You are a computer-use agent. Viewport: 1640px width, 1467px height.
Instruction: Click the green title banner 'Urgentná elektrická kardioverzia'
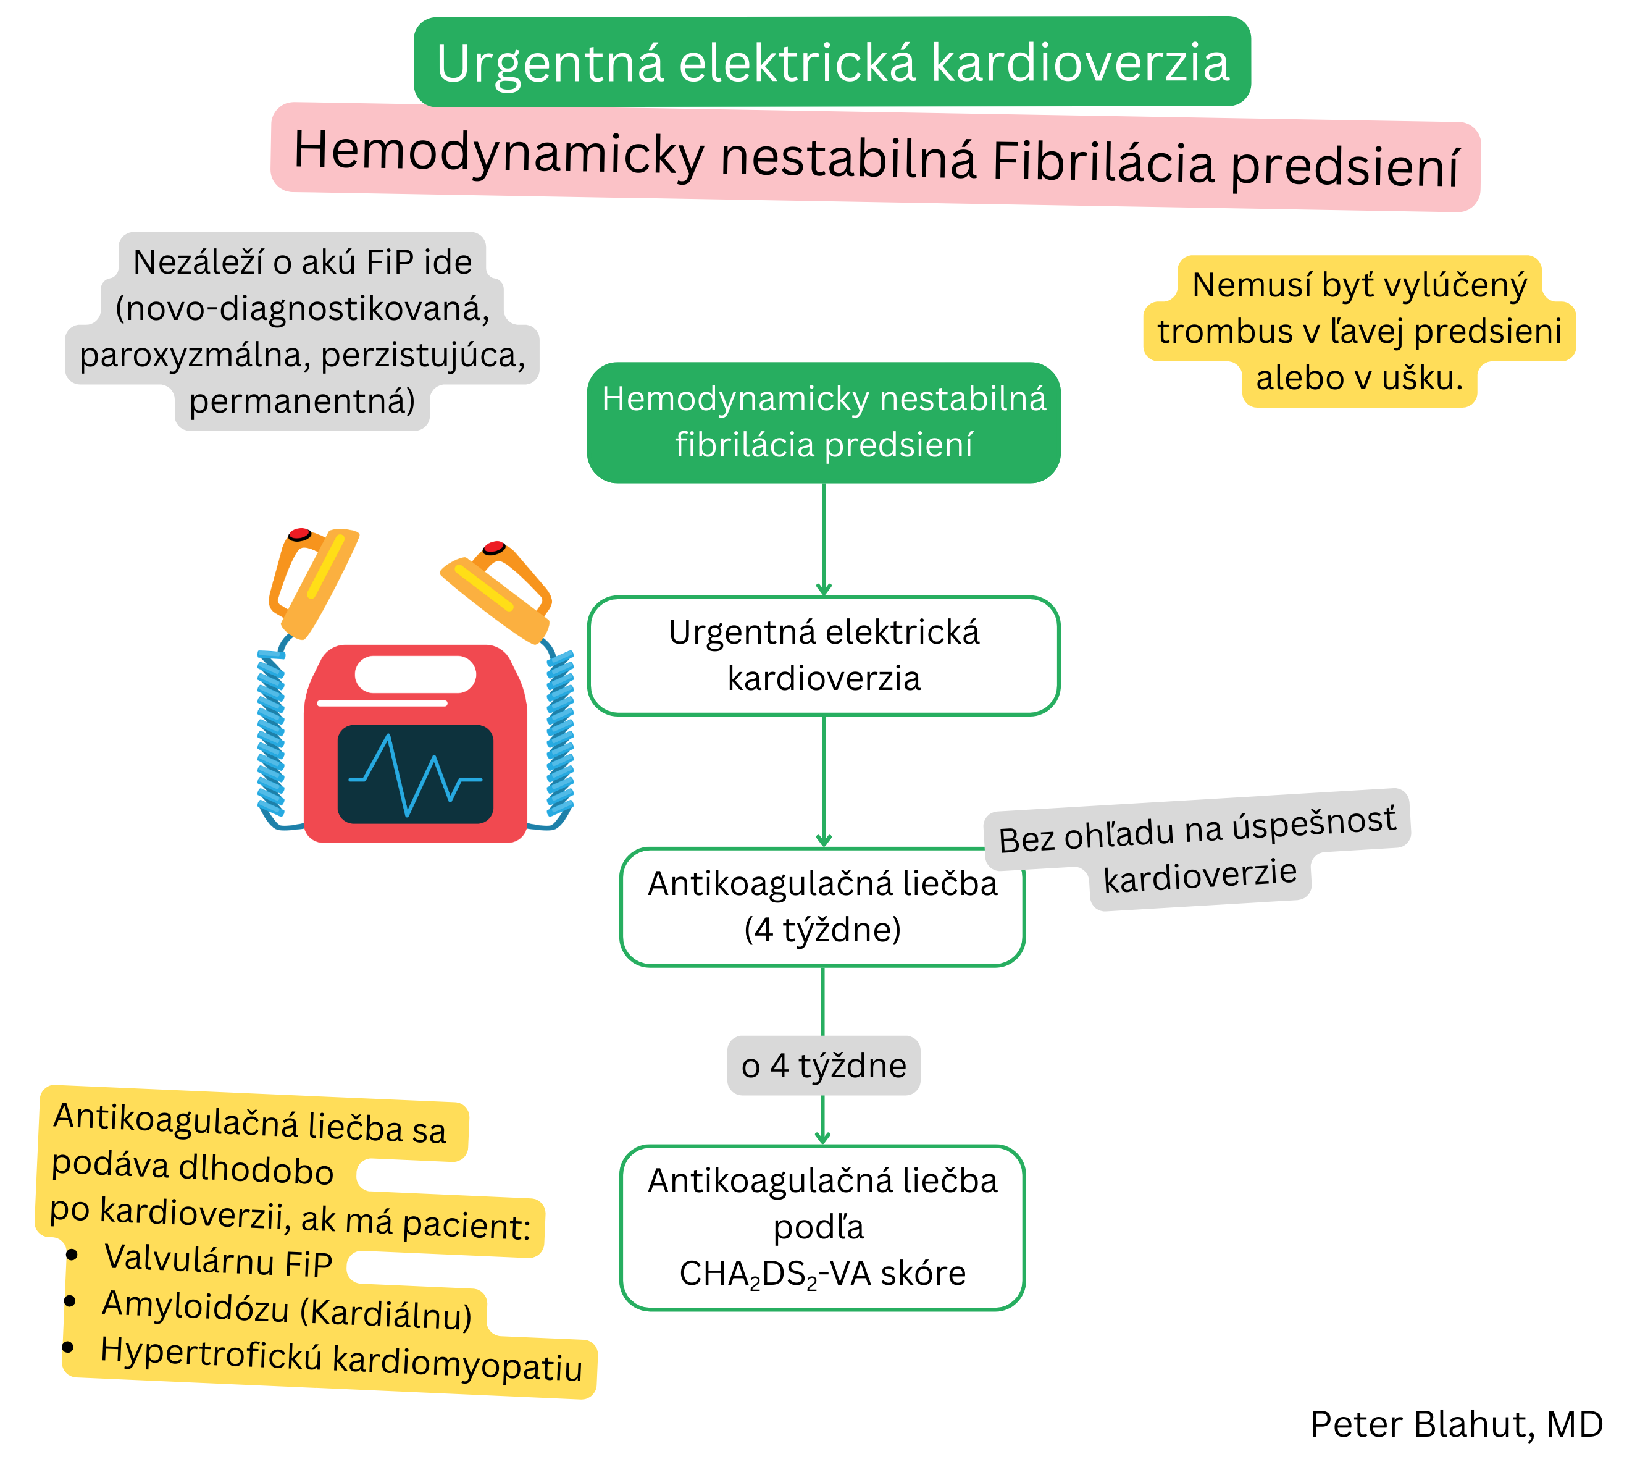pyautogui.click(x=832, y=62)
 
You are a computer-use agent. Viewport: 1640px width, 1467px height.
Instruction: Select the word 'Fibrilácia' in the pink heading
pyautogui.click(x=1102, y=161)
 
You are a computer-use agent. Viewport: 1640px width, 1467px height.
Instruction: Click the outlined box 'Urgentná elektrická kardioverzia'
pyautogui.click(x=823, y=655)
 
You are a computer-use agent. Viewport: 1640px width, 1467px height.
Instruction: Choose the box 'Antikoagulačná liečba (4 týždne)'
pyautogui.click(x=822, y=906)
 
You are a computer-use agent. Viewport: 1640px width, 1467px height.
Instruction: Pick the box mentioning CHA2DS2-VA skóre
pyautogui.click(x=822, y=1227)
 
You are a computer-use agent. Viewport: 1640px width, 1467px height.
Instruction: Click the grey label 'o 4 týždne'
pyautogui.click(x=823, y=1066)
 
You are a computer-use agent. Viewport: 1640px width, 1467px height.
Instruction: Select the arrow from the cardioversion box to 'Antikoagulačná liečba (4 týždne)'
pyautogui.click(x=823, y=780)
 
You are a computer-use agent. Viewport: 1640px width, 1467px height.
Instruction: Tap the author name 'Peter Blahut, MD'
pyautogui.click(x=1455, y=1424)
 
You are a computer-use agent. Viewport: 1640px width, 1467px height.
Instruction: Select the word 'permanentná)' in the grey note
pyautogui.click(x=301, y=401)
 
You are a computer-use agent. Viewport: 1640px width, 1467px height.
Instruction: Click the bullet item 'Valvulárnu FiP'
pyautogui.click(x=217, y=1261)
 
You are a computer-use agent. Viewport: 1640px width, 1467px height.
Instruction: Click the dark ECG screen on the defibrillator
pyautogui.click(x=414, y=774)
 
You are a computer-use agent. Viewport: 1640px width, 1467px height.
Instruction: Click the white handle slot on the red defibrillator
pyautogui.click(x=414, y=674)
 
